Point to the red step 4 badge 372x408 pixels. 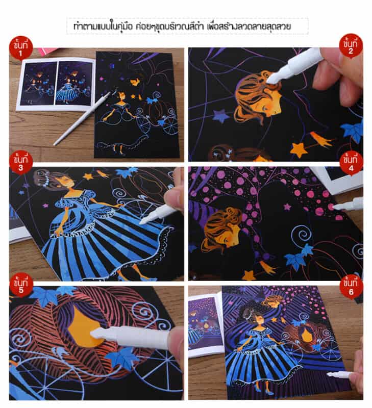(x=351, y=162)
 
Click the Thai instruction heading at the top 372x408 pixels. (x=186, y=25)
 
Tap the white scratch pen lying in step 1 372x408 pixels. (x=82, y=119)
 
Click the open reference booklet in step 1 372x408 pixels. (x=56, y=84)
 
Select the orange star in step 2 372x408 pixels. (x=297, y=149)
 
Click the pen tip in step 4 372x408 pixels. (x=336, y=207)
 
